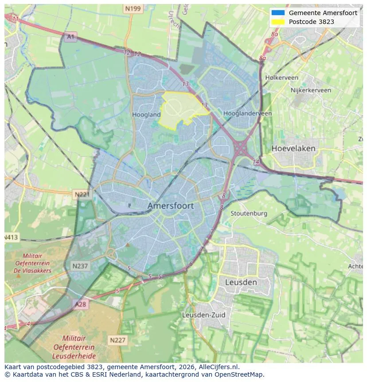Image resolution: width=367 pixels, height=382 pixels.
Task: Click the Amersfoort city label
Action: pyautogui.click(x=171, y=206)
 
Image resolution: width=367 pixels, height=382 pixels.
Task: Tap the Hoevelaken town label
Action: pyautogui.click(x=293, y=148)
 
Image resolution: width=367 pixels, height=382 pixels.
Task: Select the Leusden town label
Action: pyautogui.click(x=241, y=282)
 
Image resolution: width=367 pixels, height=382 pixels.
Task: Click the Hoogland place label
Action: pyautogui.click(x=146, y=114)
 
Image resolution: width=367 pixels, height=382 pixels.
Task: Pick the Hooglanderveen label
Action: pyautogui.click(x=247, y=114)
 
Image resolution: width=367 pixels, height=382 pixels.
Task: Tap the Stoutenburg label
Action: pyautogui.click(x=249, y=213)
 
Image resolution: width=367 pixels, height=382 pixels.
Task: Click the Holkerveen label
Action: pyautogui.click(x=281, y=78)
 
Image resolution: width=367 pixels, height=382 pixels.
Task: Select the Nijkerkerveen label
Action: pyautogui.click(x=311, y=90)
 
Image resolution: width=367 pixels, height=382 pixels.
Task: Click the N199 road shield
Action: pyautogui.click(x=133, y=8)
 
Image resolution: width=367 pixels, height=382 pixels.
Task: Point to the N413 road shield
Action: pyautogui.click(x=11, y=237)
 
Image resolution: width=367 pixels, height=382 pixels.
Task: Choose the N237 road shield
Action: pyautogui.click(x=81, y=266)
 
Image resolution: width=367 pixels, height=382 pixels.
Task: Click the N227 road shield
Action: pyautogui.click(x=117, y=340)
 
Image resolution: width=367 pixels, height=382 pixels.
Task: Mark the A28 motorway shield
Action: pyautogui.click(x=81, y=304)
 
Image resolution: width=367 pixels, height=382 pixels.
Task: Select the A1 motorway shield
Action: pyautogui.click(x=70, y=37)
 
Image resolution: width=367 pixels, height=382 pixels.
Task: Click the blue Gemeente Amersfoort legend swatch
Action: pyautogui.click(x=278, y=13)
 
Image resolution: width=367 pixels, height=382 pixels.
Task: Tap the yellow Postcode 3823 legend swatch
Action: pyautogui.click(x=278, y=22)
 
